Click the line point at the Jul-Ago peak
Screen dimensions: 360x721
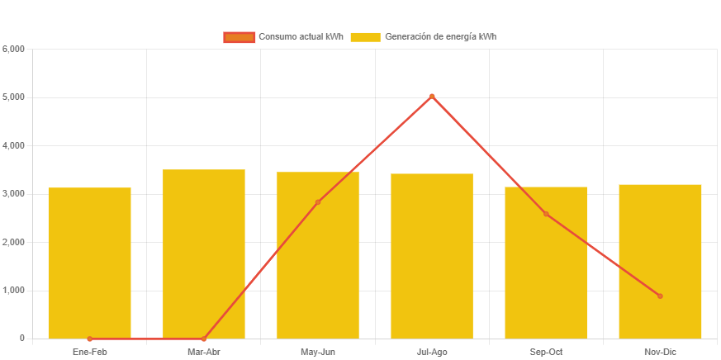pos(432,97)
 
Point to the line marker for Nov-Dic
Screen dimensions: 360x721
pos(660,296)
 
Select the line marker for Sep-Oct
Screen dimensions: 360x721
pos(546,214)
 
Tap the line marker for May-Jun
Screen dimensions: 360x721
pos(318,202)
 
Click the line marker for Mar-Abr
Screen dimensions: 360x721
pos(204,339)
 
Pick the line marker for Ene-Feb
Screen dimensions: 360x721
pos(89,339)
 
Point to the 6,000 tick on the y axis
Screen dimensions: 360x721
pos(14,49)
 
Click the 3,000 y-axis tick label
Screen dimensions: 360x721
pos(14,194)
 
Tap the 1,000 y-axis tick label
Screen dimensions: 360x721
pos(14,291)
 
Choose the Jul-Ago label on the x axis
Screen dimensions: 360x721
pos(432,353)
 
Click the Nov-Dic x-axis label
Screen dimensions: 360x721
pos(660,353)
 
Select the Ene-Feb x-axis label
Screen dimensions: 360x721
pos(89,353)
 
